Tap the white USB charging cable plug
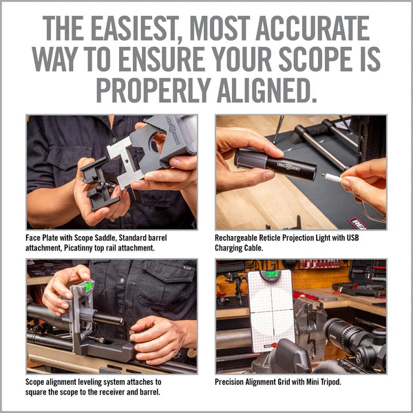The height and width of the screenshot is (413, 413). [x=332, y=177]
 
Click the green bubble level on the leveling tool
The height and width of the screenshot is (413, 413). [x=87, y=286]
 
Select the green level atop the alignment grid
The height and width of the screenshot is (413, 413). [x=272, y=275]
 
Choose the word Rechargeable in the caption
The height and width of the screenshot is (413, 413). [x=241, y=238]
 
